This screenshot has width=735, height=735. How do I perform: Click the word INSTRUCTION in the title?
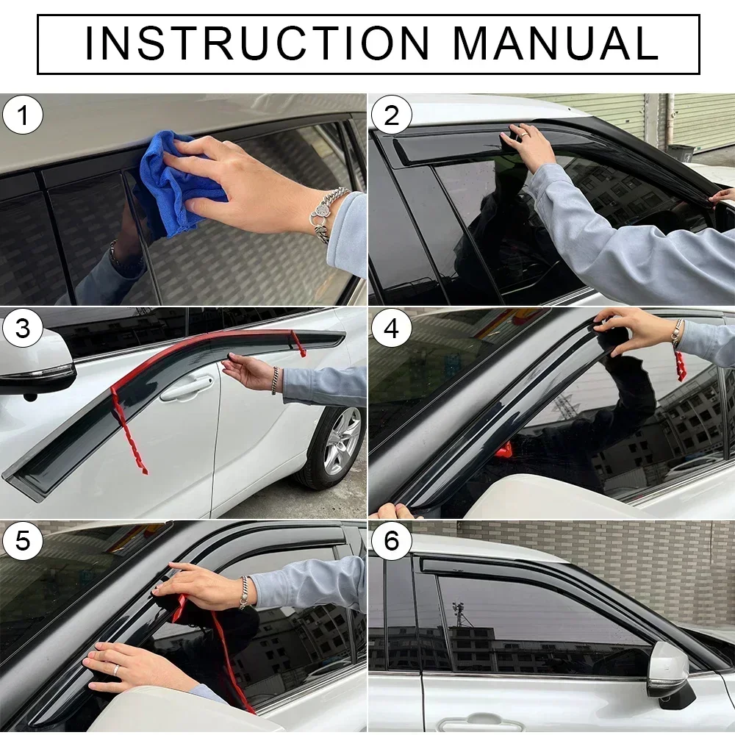pos(257,44)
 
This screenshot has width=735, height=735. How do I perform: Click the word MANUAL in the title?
pos(555,44)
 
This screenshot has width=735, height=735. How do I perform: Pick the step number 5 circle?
pos(24,542)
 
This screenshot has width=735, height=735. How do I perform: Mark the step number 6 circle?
pos(392,542)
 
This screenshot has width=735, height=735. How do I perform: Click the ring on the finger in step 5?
pos(116,670)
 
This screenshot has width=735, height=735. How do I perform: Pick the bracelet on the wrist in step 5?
pos(243,592)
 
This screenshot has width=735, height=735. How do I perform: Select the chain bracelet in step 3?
pos(276,381)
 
